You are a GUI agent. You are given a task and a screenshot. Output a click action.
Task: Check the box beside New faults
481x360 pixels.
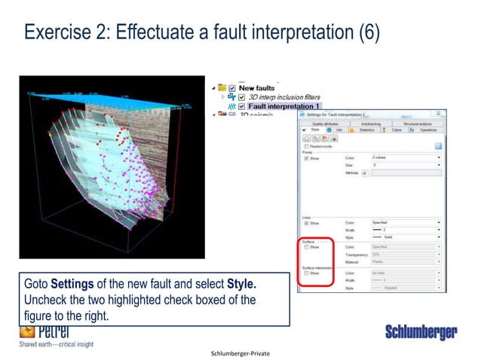231,87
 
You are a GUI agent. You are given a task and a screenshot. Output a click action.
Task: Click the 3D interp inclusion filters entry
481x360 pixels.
284,96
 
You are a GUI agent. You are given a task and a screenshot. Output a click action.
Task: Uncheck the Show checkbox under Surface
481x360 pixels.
305,246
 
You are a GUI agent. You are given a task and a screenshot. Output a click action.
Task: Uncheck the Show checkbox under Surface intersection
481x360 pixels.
305,273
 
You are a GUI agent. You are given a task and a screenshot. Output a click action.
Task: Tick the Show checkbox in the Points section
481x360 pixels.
306,159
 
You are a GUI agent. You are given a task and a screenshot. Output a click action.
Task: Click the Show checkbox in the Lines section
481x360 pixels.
306,223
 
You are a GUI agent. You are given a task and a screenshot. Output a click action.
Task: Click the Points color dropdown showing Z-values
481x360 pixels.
406,158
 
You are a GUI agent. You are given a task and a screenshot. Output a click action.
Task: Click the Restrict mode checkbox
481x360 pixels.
306,146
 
